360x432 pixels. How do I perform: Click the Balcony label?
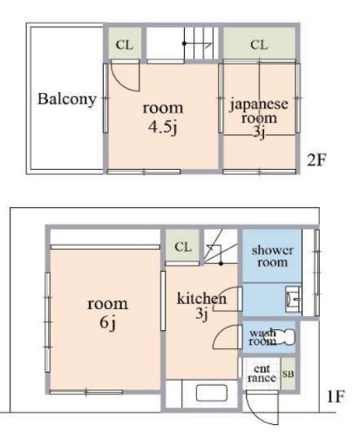tap(67, 99)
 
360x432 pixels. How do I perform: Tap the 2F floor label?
tap(316, 159)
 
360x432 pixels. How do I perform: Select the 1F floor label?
tap(336, 396)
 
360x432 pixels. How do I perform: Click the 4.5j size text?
tap(163, 127)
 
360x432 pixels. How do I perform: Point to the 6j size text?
tap(108, 322)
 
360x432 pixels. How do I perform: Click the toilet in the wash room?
tap(284, 337)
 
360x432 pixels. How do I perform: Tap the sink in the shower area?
tap(293, 299)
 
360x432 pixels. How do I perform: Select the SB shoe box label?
tap(288, 374)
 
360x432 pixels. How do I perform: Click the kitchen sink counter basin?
tap(211, 393)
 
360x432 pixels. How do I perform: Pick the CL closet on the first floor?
tap(182, 246)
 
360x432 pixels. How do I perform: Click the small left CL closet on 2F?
tap(125, 44)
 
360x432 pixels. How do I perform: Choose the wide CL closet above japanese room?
tap(259, 44)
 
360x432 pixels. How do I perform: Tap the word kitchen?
tap(201, 299)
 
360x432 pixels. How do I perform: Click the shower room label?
tap(272, 256)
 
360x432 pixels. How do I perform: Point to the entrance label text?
tap(262, 374)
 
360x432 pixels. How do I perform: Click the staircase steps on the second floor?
tap(201, 43)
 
